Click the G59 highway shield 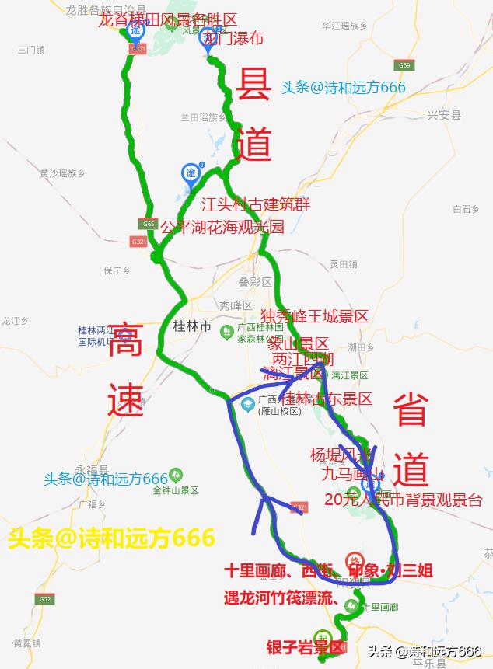point(403,65)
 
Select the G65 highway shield point(149,224)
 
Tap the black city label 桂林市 point(191,327)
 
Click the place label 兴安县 point(444,115)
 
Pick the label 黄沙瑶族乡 point(62,173)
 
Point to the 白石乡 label point(464,208)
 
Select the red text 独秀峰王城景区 point(314,316)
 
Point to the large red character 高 point(125,342)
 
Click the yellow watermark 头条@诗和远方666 point(111,538)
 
